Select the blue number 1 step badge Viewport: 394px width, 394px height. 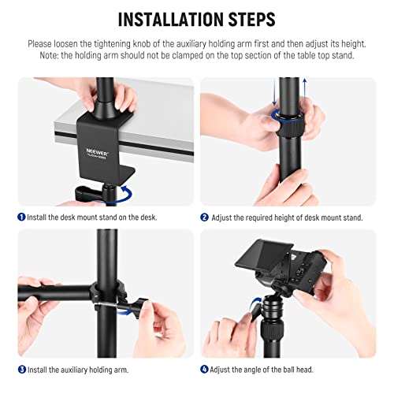[x=22, y=217]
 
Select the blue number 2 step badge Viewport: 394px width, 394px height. [x=204, y=217]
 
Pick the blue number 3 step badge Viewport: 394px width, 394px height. [x=22, y=369]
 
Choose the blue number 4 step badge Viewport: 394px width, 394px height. [x=204, y=369]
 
